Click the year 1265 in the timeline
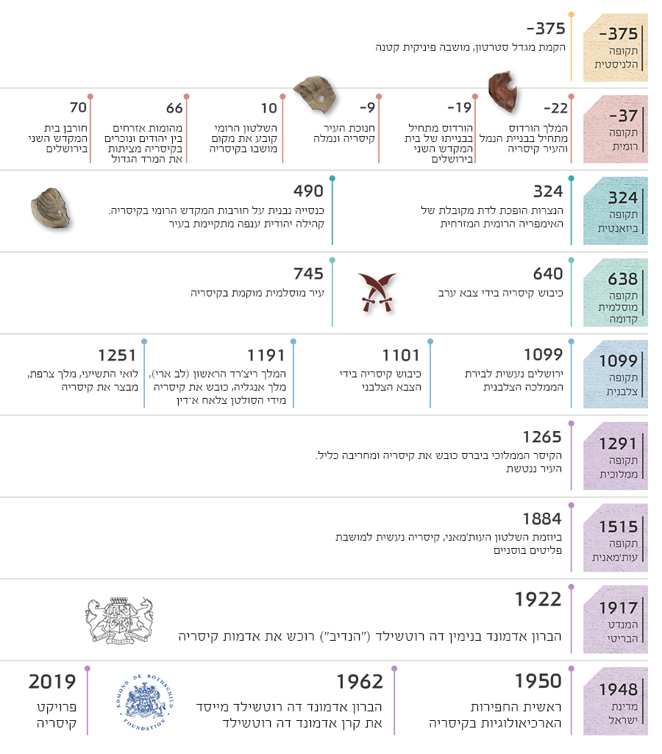pos(542,437)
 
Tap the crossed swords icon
pos(377,292)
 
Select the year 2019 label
pos(52,682)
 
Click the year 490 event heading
pos(308,191)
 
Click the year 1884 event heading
pos(542,519)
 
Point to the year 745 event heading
pos(308,274)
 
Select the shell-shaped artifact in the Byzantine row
pos(51,209)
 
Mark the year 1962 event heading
pos(360,682)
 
